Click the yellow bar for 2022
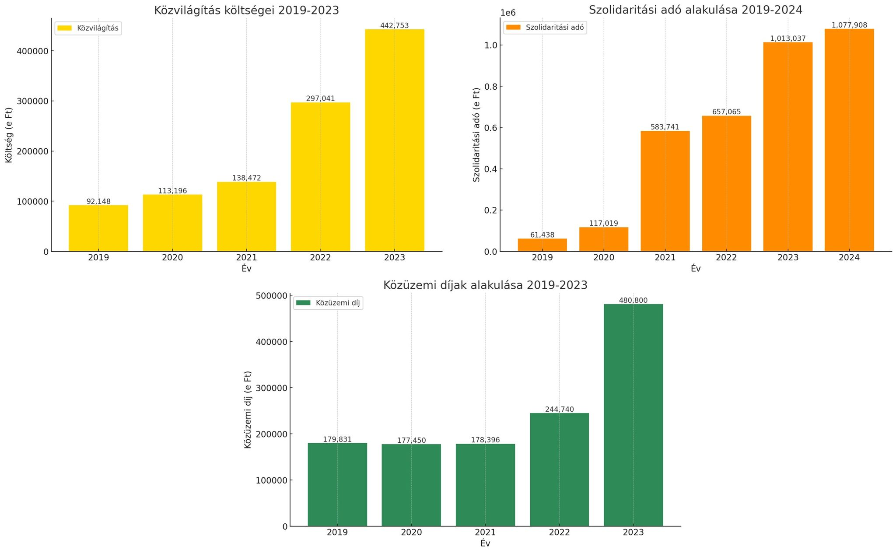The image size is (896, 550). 320,177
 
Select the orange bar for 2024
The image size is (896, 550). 849,140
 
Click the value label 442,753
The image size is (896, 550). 394,26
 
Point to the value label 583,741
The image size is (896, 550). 665,127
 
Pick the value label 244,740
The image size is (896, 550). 559,410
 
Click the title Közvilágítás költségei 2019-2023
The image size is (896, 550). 246,11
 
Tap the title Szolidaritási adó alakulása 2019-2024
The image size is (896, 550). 695,10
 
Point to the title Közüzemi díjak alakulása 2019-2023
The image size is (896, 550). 485,285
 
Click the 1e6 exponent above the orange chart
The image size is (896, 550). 508,13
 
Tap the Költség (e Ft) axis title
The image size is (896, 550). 9,135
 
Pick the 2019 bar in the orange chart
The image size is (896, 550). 542,245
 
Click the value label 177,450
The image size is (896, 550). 411,441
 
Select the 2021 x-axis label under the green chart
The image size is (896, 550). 485,532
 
